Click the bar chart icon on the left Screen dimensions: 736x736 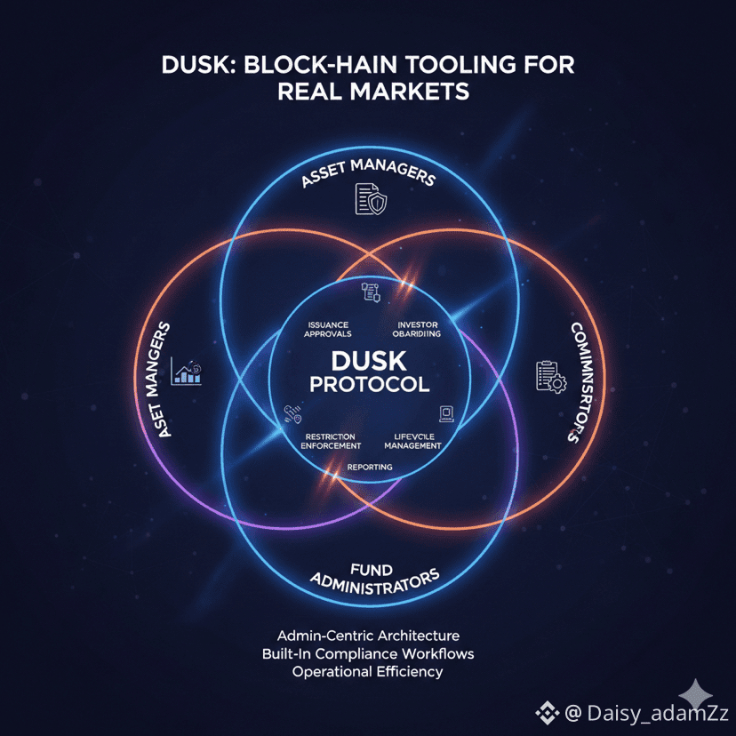pyautogui.click(x=188, y=373)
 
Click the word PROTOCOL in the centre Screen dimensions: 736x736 pyautogui.click(x=368, y=385)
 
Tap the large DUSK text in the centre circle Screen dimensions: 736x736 pyautogui.click(x=368, y=361)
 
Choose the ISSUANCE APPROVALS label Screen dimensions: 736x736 pyautogui.click(x=328, y=330)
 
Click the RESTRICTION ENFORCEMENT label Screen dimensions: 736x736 pyautogui.click(x=331, y=441)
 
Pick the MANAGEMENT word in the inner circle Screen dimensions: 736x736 pyautogui.click(x=412, y=445)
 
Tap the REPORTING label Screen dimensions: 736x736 pyautogui.click(x=369, y=467)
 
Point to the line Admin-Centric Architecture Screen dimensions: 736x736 pyautogui.click(x=368, y=636)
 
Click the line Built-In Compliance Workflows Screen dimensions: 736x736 pyautogui.click(x=368, y=653)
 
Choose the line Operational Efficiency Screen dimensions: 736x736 pyautogui.click(x=368, y=671)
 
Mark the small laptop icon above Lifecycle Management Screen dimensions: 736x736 pyautogui.click(x=446, y=412)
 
